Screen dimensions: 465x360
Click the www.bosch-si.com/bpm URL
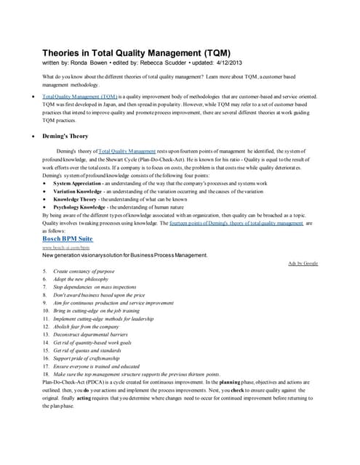pyautogui.click(x=63, y=248)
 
